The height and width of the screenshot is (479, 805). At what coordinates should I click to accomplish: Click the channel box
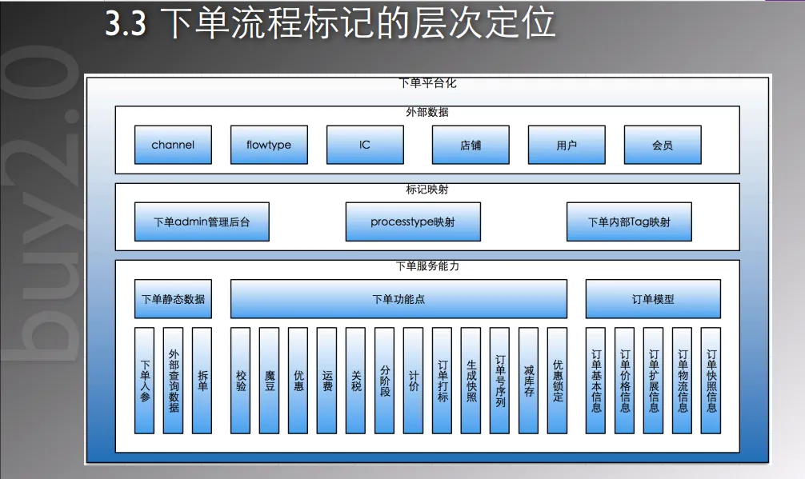(173, 145)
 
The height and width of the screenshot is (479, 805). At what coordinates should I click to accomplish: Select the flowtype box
(269, 145)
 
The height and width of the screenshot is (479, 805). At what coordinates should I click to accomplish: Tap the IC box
(365, 145)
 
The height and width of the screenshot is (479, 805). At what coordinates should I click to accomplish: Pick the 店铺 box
(471, 145)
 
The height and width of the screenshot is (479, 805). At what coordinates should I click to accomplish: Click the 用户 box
(567, 145)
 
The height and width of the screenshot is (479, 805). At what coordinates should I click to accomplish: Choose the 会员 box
(663, 145)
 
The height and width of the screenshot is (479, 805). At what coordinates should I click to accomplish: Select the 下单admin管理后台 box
(202, 222)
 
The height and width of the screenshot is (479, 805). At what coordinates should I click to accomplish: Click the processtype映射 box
(413, 222)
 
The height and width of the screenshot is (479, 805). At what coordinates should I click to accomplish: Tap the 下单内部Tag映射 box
(629, 222)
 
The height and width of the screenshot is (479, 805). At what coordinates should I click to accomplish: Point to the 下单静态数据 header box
(173, 299)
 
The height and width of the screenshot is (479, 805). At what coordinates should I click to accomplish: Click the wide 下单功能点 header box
(398, 299)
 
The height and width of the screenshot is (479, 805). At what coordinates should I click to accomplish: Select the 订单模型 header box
(653, 299)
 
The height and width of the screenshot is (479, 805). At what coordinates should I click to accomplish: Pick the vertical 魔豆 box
(270, 380)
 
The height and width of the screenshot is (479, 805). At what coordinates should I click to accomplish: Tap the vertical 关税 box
(356, 380)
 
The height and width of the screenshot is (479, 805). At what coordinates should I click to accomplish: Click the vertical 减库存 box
(529, 380)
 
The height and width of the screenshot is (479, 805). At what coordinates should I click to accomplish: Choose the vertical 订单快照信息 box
(711, 380)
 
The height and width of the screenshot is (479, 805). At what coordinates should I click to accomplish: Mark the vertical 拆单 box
(202, 380)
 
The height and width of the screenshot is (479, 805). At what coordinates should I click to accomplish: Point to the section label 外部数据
(427, 113)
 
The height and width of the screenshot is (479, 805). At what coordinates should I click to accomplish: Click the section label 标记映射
(427, 190)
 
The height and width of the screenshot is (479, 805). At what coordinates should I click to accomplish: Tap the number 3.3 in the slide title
(126, 25)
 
